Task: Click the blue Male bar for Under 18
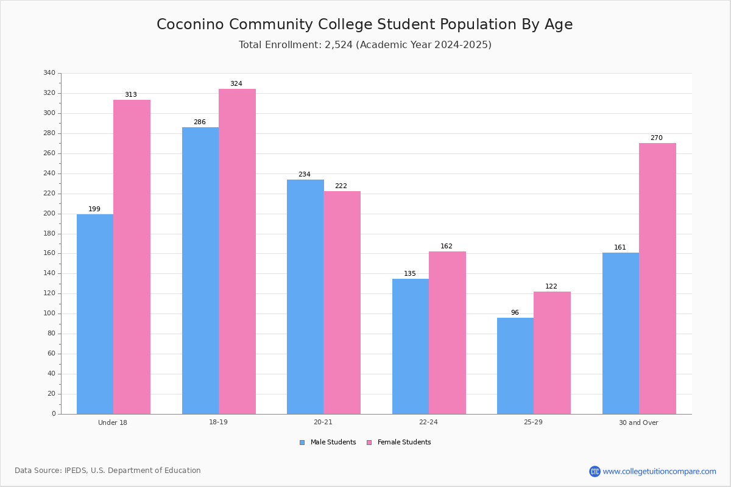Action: pos(95,314)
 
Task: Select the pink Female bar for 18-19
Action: pos(237,251)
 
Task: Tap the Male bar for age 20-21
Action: pos(305,296)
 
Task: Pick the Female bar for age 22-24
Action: pos(447,332)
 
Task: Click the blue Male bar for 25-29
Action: pos(515,366)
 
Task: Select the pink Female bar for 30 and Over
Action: pos(657,278)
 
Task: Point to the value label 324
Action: pos(236,84)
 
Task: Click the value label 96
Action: pos(515,313)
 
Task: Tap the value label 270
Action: pos(656,138)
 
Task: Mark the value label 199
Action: pos(94,209)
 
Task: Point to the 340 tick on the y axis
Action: pos(49,73)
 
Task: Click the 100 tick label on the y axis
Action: pos(49,314)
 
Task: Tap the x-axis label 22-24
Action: pos(428,422)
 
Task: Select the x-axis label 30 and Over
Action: pos(638,422)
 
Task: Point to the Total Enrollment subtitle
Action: pos(365,45)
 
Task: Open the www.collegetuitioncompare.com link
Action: pos(659,471)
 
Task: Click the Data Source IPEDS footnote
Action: pos(108,471)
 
